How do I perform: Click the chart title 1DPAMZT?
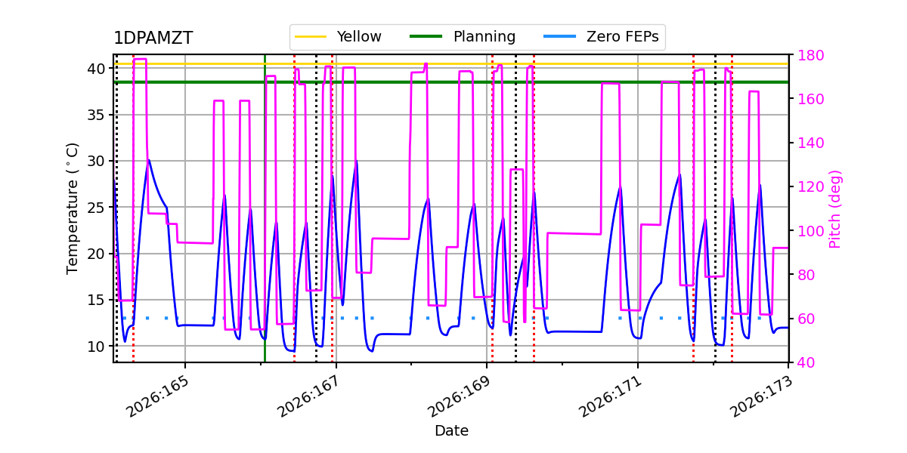coord(153,38)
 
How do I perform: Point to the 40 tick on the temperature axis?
coord(97,69)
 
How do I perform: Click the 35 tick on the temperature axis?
coord(97,115)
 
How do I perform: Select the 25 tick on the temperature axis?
coord(97,208)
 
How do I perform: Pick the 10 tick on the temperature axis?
coord(97,347)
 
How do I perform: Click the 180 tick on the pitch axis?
coord(810,55)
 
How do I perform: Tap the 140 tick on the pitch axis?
coord(810,143)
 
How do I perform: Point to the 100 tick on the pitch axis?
coord(810,231)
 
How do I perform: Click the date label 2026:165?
coord(156,396)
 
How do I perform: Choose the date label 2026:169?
coord(458,396)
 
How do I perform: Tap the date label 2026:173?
coord(760,396)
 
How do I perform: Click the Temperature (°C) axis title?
coord(72,208)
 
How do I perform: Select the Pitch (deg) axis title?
coord(835,209)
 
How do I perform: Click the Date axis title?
coord(451,431)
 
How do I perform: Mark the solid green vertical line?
coord(265,208)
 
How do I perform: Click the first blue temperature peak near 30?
coord(149,160)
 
